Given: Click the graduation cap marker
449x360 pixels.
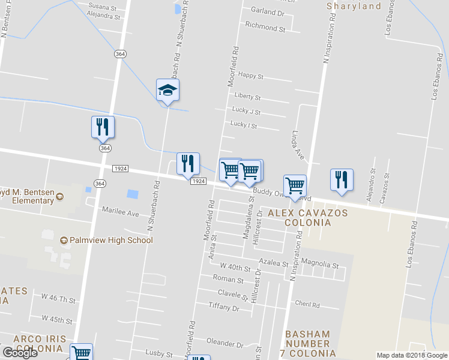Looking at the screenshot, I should pyautogui.click(x=168, y=91).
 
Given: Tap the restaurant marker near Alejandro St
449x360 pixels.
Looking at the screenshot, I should pyautogui.click(x=342, y=180).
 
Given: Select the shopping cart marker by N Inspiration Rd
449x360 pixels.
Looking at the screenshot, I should pyautogui.click(x=295, y=186).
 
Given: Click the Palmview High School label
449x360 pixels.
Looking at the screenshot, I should pyautogui.click(x=106, y=240).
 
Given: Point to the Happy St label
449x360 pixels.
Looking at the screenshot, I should pyautogui.click(x=250, y=76).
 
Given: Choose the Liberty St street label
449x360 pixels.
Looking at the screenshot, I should pyautogui.click(x=247, y=97).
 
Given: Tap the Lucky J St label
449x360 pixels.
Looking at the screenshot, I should pyautogui.click(x=246, y=112).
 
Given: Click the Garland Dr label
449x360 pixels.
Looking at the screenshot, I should pyautogui.click(x=267, y=11).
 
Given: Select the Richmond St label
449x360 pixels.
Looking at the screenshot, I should pyautogui.click(x=265, y=28).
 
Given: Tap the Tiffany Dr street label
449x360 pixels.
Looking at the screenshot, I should pyautogui.click(x=223, y=307).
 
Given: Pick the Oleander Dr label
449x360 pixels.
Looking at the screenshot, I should pyautogui.click(x=224, y=344).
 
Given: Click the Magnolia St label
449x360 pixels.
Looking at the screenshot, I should pyautogui.click(x=320, y=265).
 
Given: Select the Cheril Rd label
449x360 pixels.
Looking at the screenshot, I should pyautogui.click(x=307, y=304).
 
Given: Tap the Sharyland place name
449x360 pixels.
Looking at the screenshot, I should pyautogui.click(x=354, y=7).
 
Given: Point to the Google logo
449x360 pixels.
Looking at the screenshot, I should pyautogui.click(x=20, y=353).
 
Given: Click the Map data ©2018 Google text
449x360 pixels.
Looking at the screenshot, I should pyautogui.click(x=412, y=355).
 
